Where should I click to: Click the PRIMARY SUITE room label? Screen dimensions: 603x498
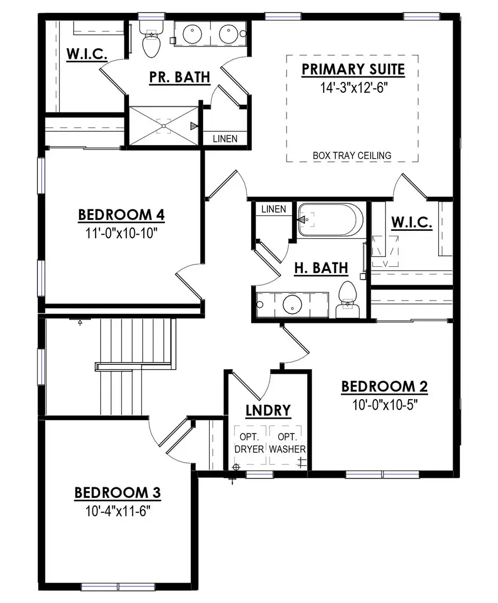352,70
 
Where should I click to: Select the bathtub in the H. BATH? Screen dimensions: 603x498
330,220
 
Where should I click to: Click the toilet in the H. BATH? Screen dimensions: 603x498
347,299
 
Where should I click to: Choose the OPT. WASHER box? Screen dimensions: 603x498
287,442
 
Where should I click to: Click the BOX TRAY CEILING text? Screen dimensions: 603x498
352,156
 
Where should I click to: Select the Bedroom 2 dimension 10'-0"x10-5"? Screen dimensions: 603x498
384,405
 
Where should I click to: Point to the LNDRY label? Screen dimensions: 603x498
268,410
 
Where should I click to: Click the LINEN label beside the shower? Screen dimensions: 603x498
225,138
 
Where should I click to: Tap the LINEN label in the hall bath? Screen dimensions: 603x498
273,209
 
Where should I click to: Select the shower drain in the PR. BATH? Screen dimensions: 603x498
164,126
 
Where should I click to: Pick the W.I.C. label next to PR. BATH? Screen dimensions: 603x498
87,54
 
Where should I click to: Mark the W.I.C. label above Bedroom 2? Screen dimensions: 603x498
412,223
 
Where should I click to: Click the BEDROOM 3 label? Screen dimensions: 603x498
117,492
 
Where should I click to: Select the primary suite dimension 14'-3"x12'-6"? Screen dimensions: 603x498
352,87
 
